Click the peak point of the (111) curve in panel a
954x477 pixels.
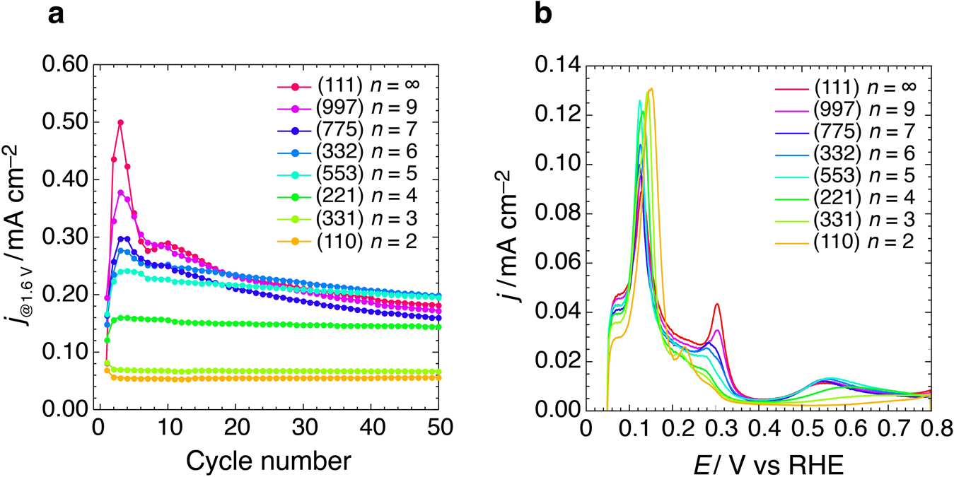point(120,122)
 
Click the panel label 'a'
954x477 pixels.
point(56,16)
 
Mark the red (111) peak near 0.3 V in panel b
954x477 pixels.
point(717,304)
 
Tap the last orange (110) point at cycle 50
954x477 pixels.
point(439,377)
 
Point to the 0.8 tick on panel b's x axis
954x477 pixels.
point(931,430)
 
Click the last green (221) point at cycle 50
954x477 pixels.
point(439,326)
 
